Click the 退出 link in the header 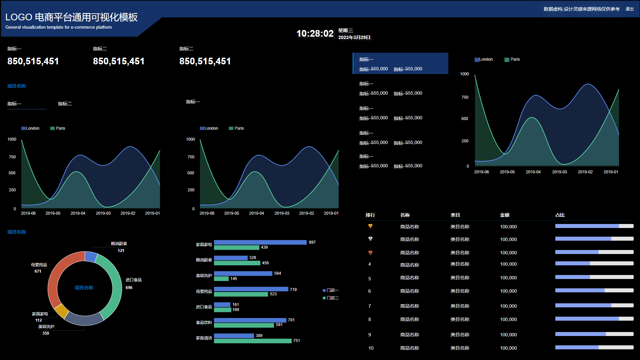pyautogui.click(x=629, y=9)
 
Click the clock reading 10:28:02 pyautogui.click(x=315, y=34)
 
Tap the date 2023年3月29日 pyautogui.click(x=354, y=37)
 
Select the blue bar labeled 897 pyautogui.click(x=260, y=242)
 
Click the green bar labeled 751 pyautogui.click(x=253, y=341)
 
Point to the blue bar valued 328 pyautogui.click(x=231, y=258)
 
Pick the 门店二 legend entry pyautogui.click(x=331, y=298)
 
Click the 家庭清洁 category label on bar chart pyautogui.click(x=204, y=338)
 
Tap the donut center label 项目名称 pyautogui.click(x=84, y=288)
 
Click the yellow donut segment pyautogui.click(x=61, y=311)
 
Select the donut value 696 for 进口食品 pyautogui.click(x=129, y=288)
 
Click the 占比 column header pyautogui.click(x=560, y=215)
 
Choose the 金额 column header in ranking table pyautogui.click(x=505, y=215)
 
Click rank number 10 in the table pyautogui.click(x=371, y=348)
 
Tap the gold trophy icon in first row pyautogui.click(x=370, y=226)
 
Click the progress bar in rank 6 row pyautogui.click(x=594, y=291)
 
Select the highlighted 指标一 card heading pyautogui.click(x=366, y=59)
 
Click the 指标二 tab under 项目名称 pyautogui.click(x=65, y=104)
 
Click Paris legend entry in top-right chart pyautogui.click(x=512, y=59)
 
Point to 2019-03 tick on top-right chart pyautogui.click(x=559, y=172)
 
